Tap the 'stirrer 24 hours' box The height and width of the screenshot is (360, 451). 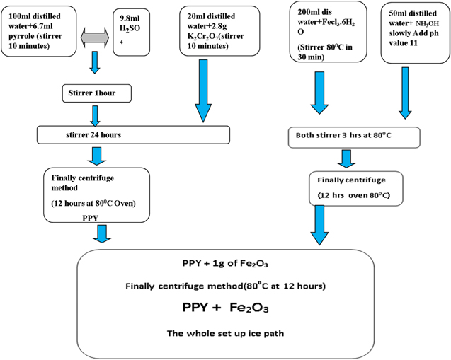133,134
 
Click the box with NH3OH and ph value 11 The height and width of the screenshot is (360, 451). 414,30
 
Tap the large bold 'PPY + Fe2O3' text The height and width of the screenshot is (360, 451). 224,308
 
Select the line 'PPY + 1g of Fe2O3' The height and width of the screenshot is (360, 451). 223,264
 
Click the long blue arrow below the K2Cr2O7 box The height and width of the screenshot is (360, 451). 205,91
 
